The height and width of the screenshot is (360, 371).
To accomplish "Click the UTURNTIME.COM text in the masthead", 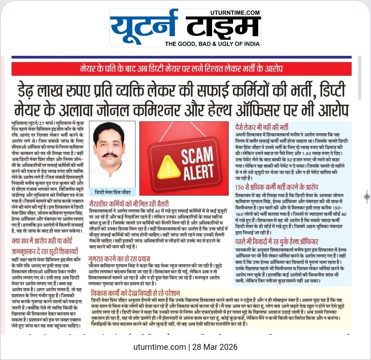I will point(235,13).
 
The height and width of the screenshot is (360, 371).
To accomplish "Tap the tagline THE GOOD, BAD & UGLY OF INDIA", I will point(213,44).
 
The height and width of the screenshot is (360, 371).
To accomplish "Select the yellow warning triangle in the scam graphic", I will point(169,166).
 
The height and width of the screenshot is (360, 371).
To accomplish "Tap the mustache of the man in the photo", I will point(110,155).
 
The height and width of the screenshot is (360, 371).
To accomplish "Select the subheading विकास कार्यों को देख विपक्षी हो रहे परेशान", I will point(135,293).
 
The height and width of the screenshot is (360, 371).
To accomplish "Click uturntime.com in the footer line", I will point(160,347).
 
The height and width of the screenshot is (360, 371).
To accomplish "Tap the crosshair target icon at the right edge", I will point(366,196).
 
